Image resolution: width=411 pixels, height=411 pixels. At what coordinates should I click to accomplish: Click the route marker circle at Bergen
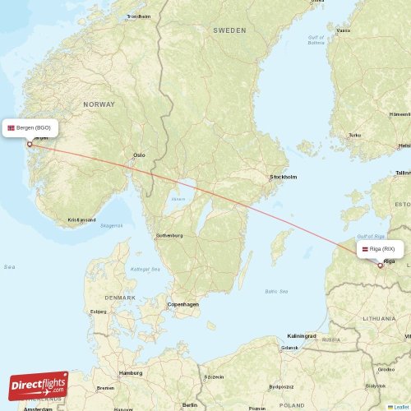pyautogui.click(x=30, y=144)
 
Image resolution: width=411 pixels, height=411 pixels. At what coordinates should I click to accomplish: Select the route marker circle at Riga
pyautogui.click(x=380, y=265)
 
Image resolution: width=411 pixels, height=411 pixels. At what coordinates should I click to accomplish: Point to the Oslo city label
pyautogui.click(x=139, y=155)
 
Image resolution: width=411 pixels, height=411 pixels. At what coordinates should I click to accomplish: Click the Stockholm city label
pyautogui.click(x=284, y=177)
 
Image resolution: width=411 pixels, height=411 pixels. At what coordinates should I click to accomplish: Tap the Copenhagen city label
pyautogui.click(x=182, y=304)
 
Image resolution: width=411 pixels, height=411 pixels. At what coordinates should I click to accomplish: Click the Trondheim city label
pyautogui.click(x=138, y=16)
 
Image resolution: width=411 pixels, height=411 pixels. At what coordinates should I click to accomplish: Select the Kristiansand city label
pyautogui.click(x=81, y=219)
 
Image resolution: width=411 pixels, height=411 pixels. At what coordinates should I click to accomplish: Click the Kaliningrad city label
pyautogui.click(x=301, y=335)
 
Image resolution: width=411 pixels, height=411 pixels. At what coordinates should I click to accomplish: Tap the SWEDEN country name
pyautogui.click(x=229, y=30)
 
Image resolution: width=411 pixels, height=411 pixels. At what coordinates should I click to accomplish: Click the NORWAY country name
pyautogui.click(x=99, y=104)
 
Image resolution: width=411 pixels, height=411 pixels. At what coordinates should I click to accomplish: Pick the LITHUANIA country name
pyautogui.click(x=378, y=316)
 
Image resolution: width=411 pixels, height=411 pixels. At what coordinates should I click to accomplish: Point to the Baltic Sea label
pyautogui.click(x=276, y=291)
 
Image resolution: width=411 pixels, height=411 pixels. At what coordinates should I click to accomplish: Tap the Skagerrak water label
pyautogui.click(x=111, y=225)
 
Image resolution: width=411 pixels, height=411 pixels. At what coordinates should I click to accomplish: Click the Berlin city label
pyautogui.click(x=191, y=404)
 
